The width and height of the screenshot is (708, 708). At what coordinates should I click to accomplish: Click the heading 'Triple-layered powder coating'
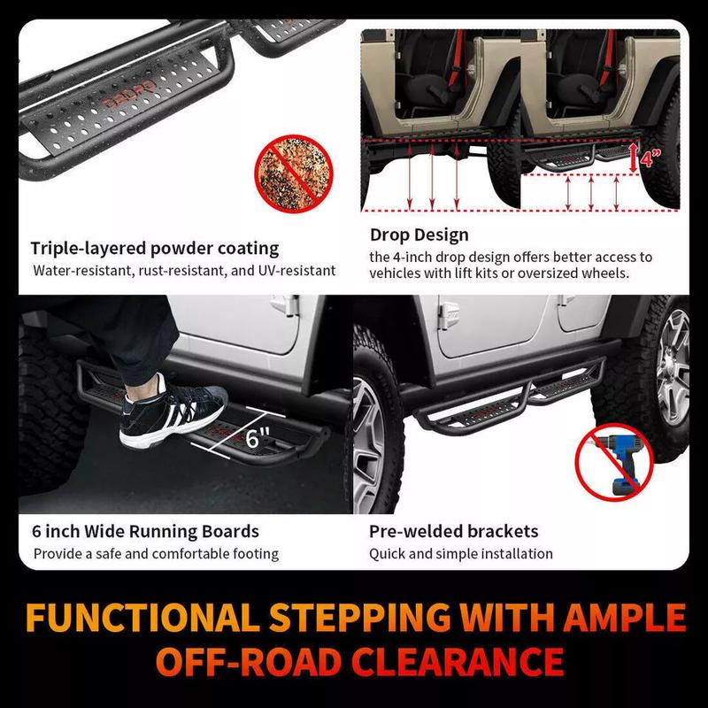tap(154, 249)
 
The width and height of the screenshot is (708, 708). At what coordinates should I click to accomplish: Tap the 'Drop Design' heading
tap(419, 235)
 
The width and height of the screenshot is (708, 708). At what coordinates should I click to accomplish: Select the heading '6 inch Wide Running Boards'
tap(145, 531)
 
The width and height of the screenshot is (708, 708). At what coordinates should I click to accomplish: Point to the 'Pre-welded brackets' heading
tap(453, 531)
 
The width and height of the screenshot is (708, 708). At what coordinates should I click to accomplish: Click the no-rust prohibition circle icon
tap(294, 173)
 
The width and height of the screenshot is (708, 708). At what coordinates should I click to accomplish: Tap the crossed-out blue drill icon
tap(614, 462)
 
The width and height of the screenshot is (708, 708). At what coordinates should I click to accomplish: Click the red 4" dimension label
tap(650, 158)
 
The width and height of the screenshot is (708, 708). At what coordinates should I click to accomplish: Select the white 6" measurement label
tap(258, 437)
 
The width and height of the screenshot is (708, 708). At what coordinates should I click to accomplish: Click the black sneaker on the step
tap(173, 411)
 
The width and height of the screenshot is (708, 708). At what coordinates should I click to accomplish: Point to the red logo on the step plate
tap(129, 96)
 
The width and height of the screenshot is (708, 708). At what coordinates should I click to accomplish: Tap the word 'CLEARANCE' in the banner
tap(458, 662)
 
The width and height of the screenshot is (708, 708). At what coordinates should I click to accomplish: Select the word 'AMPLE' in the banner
tap(624, 617)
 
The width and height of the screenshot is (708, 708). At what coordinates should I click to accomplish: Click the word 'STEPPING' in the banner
tap(360, 617)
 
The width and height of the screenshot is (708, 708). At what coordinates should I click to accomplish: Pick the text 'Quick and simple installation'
tap(460, 554)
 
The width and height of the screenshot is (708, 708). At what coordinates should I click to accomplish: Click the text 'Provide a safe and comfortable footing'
tap(156, 554)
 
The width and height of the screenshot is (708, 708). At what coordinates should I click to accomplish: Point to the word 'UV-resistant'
tap(296, 271)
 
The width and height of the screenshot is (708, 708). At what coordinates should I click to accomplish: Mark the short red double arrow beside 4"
tap(634, 158)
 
